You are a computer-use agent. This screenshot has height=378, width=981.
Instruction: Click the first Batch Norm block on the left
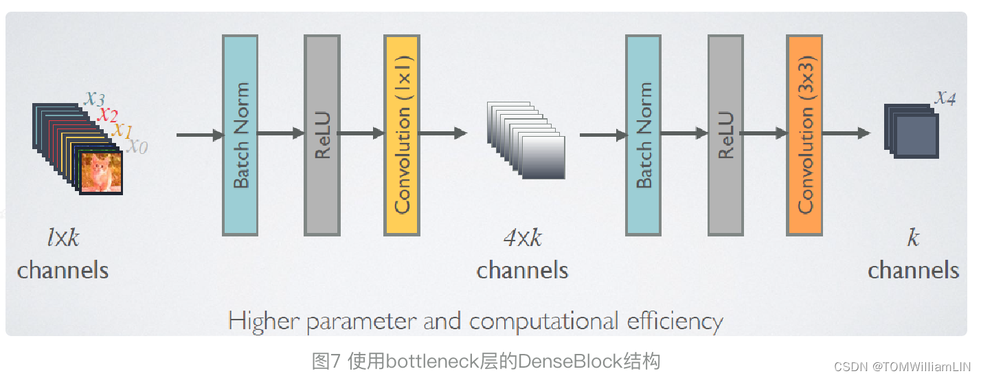tap(240, 135)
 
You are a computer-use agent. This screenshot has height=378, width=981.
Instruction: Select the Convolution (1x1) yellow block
tap(402, 135)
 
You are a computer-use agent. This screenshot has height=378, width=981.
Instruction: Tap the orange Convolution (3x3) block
tap(804, 135)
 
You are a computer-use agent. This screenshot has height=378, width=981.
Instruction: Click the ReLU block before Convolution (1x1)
tap(322, 135)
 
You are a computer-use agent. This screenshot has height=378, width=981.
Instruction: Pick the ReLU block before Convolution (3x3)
tap(725, 135)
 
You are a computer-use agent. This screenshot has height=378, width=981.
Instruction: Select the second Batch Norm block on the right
tap(643, 135)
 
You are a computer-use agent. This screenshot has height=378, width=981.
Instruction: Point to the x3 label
tap(95, 98)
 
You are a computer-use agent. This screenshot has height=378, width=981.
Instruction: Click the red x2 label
tap(108, 113)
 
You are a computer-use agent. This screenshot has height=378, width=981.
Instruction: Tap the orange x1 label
tap(122, 129)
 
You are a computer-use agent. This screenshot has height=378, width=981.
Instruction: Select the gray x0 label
tap(137, 146)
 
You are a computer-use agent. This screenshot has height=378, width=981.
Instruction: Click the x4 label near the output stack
tap(945, 98)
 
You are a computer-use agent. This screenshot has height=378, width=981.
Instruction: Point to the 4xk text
tap(522, 238)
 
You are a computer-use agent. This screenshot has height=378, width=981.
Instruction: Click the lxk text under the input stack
tap(63, 238)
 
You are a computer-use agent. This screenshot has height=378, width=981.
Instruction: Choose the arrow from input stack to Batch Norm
tap(199, 135)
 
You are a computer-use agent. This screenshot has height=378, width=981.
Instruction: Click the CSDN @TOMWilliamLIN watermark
tap(903, 366)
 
